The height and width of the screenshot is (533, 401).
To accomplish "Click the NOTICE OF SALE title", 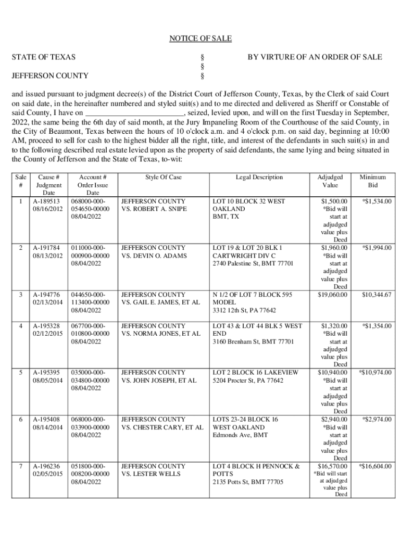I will (x=200, y=39).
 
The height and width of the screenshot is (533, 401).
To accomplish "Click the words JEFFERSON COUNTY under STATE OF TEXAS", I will (x=49, y=76).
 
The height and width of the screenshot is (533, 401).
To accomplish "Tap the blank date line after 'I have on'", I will (x=134, y=113).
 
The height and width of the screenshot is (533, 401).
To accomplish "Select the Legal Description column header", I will (x=259, y=177).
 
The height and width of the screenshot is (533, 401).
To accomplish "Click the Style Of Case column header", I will (x=164, y=177).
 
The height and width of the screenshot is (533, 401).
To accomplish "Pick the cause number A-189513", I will (x=46, y=201).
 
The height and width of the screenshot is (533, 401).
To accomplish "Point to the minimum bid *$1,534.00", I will (x=377, y=201).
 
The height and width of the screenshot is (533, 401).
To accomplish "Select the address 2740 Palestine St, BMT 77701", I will (x=253, y=263).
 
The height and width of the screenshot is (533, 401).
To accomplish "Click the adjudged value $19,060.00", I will (x=333, y=295).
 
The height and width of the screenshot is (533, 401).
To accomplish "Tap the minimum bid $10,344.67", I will (x=377, y=295).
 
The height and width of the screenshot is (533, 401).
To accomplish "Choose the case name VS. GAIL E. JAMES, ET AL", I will (x=160, y=302).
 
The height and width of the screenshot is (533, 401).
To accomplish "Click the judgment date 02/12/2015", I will (x=46, y=334).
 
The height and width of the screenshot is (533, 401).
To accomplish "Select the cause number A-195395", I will (x=46, y=373).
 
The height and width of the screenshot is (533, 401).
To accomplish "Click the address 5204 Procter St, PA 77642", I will (x=248, y=380).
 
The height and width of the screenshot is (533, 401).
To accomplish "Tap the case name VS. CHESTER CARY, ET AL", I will (x=162, y=427).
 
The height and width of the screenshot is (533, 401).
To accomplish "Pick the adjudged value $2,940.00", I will (x=334, y=420).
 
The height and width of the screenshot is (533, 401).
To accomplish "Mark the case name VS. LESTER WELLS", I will (x=151, y=474).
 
